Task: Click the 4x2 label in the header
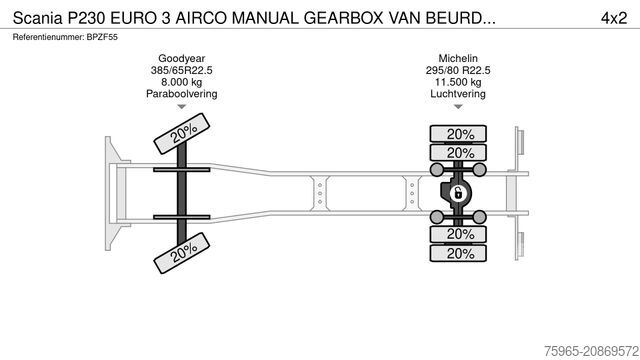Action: (612, 17)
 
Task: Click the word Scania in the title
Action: (38, 17)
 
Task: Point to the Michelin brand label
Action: (460, 58)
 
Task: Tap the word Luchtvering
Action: (460, 94)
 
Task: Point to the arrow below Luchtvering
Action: (460, 106)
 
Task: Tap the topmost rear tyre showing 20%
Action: (460, 133)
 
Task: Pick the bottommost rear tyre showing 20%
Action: (460, 253)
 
